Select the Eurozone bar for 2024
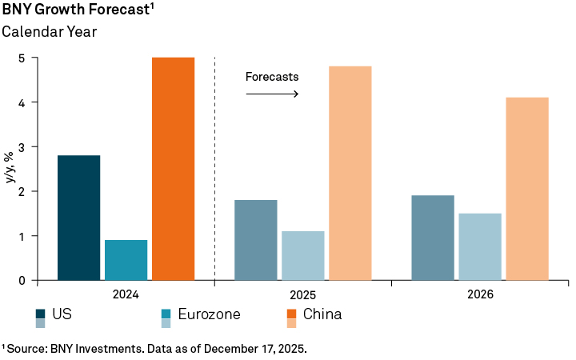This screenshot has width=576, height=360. coord(126,260)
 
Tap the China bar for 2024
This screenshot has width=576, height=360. coord(173,169)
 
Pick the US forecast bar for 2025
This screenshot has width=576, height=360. coord(255,240)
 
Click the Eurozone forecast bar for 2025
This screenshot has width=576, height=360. coord(302,256)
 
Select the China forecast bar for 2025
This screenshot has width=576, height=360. coord(350,173)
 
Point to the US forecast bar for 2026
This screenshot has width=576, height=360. coord(432,238)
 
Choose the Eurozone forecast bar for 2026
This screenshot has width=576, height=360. coord(479,246)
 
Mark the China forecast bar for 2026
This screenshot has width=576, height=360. coord(526,189)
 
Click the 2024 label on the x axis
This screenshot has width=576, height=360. coord(126,294)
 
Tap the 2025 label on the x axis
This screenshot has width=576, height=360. coord(302,294)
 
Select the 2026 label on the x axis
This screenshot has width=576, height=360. coord(480,294)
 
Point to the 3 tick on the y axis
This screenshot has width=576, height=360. coord(23,147)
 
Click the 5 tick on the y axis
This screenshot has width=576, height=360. coord(23,58)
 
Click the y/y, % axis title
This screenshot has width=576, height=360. coord(10,169)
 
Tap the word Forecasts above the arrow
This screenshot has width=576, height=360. coord(271,78)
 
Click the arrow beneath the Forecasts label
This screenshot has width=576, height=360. coord(271,94)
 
